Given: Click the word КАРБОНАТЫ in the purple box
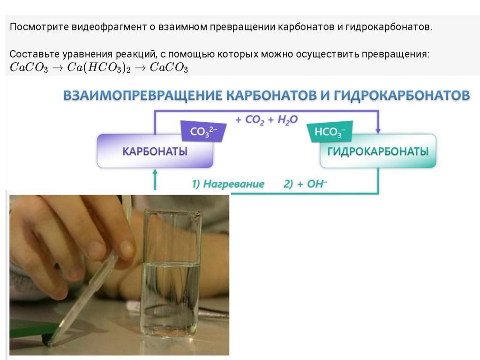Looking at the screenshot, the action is (x=155, y=152).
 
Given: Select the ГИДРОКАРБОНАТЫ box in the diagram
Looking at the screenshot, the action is (x=378, y=151).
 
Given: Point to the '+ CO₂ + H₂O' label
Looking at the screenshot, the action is (x=266, y=120).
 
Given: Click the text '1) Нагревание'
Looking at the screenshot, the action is (x=228, y=184).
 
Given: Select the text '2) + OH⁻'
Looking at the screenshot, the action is (x=305, y=184).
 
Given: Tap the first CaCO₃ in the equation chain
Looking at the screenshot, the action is (x=29, y=67).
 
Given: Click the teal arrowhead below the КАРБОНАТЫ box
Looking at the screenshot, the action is (x=155, y=173).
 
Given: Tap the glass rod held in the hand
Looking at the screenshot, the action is (x=89, y=295).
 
